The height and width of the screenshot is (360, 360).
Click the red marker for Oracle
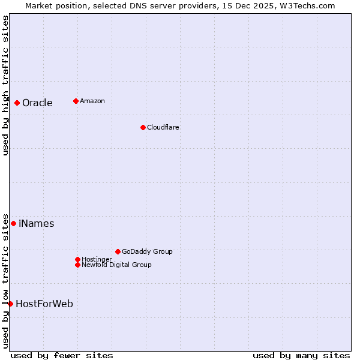(17, 103)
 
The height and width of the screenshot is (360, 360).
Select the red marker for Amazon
(76, 101)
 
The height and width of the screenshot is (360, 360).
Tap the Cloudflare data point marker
(143, 127)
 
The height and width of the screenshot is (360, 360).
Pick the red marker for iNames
(13, 224)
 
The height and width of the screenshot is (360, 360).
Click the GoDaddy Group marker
(118, 251)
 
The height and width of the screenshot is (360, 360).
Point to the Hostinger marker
(77, 259)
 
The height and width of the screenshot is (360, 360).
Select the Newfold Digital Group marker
(77, 265)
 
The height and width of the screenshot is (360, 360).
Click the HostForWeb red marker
(10, 304)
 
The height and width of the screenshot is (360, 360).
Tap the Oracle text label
(37, 103)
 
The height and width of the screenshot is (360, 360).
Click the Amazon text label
(92, 101)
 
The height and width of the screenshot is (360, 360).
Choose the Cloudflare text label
(163, 127)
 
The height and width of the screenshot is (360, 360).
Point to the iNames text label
(36, 224)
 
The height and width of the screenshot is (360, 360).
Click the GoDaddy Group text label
(147, 251)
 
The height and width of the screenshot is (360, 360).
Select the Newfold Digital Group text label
(116, 265)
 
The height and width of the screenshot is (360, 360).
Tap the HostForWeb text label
(44, 304)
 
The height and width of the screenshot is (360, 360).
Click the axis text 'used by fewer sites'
(62, 355)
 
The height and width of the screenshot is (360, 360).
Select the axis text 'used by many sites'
(301, 355)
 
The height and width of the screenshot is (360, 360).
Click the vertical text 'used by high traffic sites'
(5, 86)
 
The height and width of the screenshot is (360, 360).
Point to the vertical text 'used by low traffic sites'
(5, 281)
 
